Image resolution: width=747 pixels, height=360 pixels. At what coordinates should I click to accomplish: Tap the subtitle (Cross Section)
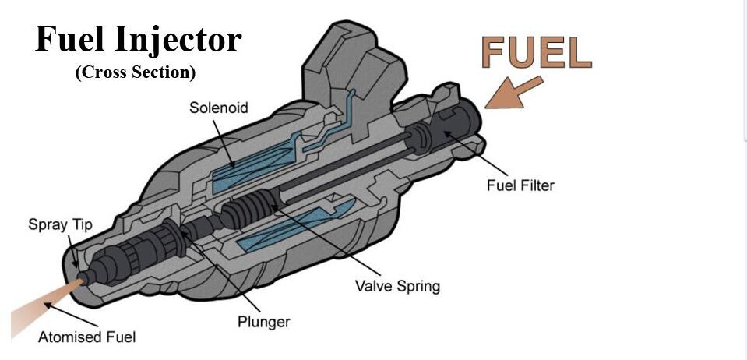coord(135,72)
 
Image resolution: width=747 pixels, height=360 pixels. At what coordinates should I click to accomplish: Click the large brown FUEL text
coord(536,52)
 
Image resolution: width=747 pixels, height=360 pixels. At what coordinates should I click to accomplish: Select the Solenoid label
coord(219,108)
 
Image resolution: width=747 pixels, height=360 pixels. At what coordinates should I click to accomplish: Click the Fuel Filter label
coord(520,185)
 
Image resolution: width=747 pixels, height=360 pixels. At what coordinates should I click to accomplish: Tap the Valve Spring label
coord(397,286)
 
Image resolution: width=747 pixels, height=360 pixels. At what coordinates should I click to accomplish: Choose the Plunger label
coord(263,322)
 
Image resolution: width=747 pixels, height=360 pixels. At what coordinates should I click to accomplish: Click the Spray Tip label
coord(60,225)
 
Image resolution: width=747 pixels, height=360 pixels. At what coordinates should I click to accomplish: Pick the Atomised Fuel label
coord(86,337)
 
